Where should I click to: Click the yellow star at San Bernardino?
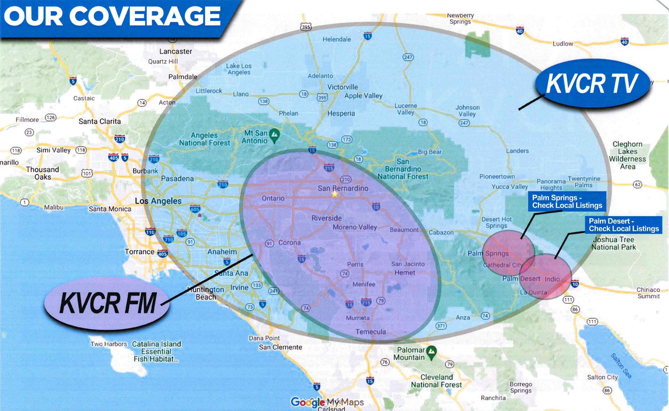click(334, 194)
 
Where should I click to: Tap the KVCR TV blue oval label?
click(592, 84)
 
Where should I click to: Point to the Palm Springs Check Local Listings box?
click(567, 202)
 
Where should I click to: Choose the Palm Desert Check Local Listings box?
click(623, 225)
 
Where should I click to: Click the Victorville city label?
click(342, 87)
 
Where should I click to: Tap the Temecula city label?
click(370, 332)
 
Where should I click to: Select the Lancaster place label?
click(176, 51)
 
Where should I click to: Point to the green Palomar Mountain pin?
click(431, 351)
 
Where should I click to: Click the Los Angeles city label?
click(158, 201)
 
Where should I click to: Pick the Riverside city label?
click(326, 218)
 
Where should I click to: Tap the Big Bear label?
click(430, 152)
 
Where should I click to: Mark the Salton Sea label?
click(621, 365)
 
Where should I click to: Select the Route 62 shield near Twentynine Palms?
click(637, 184)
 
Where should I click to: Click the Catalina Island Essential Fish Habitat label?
click(156, 351)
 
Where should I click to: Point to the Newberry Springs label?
click(460, 18)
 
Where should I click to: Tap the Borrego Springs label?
click(521, 387)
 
